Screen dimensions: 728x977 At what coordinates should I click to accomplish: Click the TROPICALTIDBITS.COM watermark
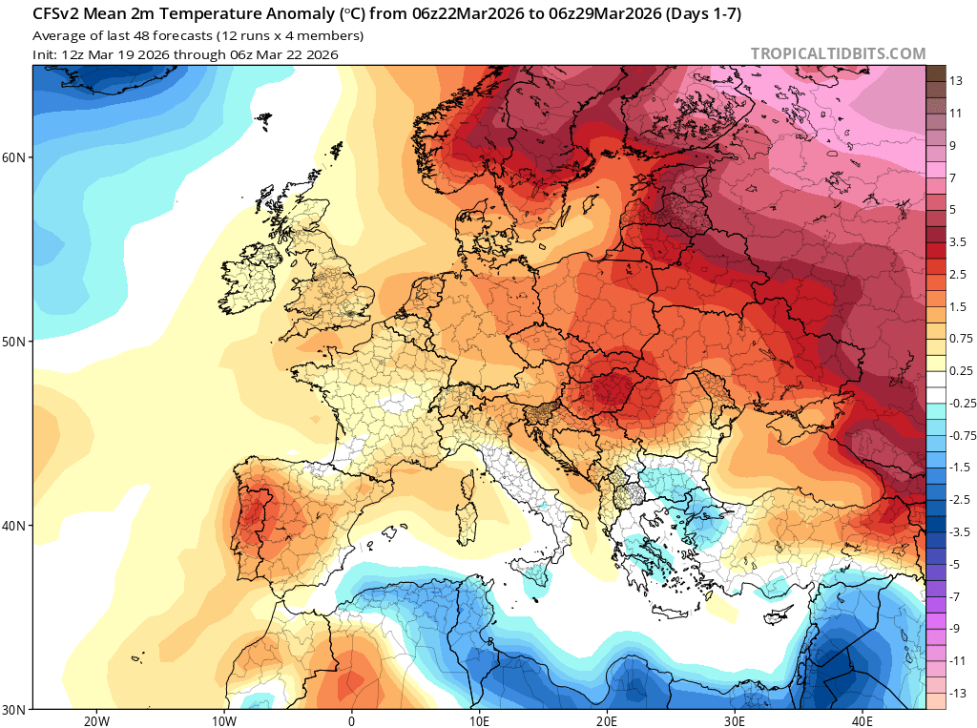(838, 53)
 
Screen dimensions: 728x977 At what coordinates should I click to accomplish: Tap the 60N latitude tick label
(16, 156)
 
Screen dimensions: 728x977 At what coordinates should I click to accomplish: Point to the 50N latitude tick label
(16, 342)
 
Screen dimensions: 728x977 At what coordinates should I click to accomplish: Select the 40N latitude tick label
(16, 526)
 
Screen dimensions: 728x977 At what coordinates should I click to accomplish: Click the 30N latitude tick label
(16, 710)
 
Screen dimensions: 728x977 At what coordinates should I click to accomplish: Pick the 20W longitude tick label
(96, 720)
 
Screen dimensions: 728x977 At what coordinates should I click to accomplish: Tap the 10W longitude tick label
(224, 720)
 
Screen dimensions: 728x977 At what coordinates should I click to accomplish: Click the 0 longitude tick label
(352, 720)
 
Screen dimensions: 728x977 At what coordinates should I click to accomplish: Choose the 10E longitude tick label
(480, 720)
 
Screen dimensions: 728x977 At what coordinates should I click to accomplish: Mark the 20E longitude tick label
(608, 720)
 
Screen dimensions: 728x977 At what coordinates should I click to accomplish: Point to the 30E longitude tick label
(735, 720)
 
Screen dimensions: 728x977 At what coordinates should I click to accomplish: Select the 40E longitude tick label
(863, 720)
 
